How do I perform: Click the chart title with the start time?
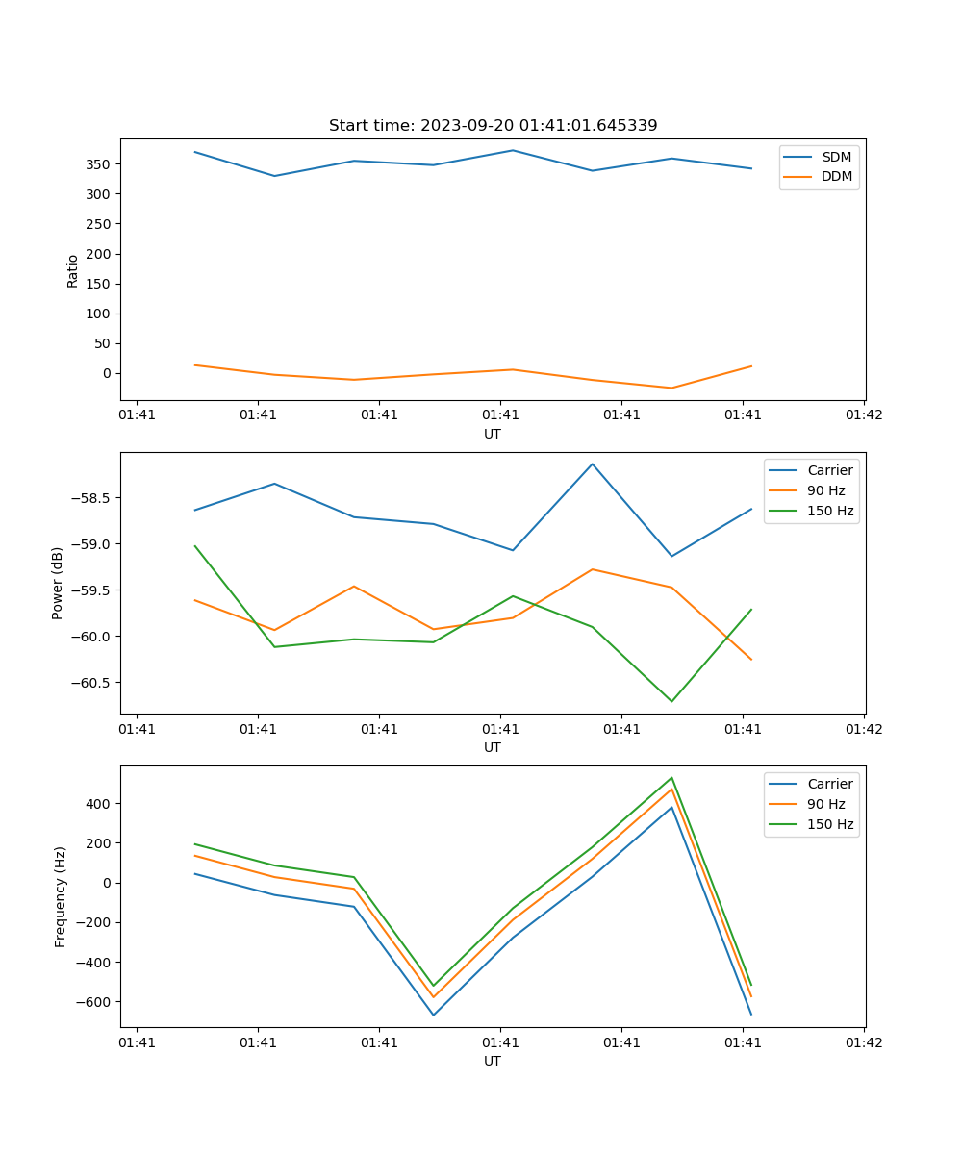pos(493,126)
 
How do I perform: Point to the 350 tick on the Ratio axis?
pos(99,164)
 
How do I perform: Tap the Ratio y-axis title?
pos(73,270)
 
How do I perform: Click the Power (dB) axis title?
pos(58,583)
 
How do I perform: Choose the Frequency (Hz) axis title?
pos(61,896)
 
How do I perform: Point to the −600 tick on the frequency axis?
pos(93,1002)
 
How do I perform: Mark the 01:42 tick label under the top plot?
pos(864,415)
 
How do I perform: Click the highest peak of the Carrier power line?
pos(593,464)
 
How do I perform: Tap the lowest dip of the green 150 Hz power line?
pos(671,701)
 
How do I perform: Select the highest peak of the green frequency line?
pos(671,778)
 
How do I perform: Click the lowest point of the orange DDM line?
pos(671,388)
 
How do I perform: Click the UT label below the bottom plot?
pos(493,1061)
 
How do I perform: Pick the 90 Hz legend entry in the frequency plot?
pos(825,804)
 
